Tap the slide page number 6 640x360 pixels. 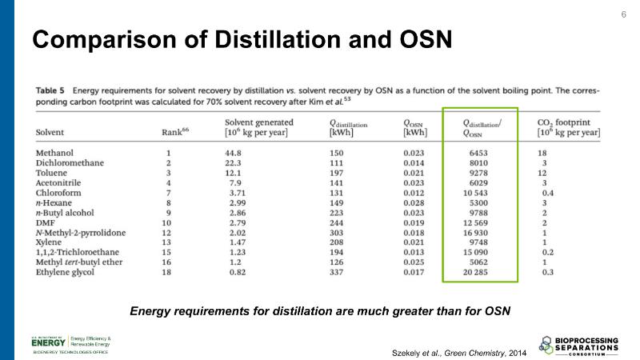624,15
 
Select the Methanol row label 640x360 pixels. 55,152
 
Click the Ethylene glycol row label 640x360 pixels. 66,273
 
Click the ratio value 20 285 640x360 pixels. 482,273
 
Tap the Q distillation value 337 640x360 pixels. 338,273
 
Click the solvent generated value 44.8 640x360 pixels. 235,152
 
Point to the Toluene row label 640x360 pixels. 53,172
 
